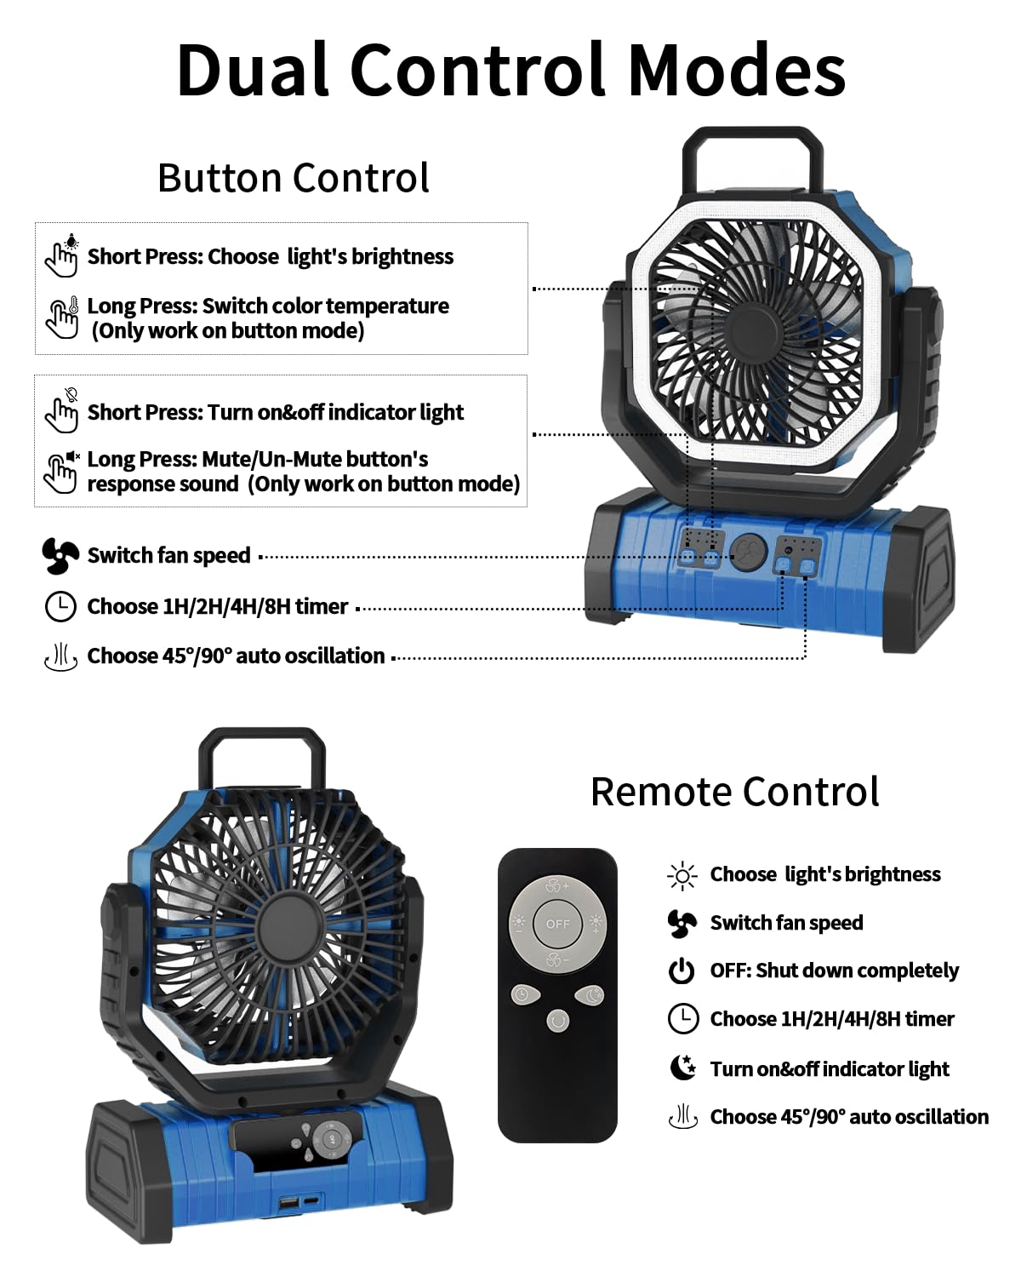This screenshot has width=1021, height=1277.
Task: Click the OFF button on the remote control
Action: [x=557, y=924]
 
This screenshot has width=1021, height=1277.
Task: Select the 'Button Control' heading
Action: [x=294, y=178]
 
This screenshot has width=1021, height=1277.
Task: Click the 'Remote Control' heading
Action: [x=734, y=792]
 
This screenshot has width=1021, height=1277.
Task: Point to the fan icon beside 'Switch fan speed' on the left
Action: [x=60, y=556]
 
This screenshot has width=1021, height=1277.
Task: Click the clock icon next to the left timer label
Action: [x=60, y=607]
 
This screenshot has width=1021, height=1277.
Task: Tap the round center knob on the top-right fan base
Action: [x=749, y=552]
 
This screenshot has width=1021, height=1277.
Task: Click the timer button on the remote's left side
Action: [x=522, y=994]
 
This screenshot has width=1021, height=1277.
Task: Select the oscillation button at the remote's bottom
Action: [x=557, y=1020]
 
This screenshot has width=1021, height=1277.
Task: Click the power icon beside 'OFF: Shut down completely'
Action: [x=682, y=971]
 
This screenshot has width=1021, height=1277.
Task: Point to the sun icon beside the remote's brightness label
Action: [x=682, y=875]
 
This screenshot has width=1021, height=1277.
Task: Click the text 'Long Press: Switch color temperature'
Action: [x=268, y=306]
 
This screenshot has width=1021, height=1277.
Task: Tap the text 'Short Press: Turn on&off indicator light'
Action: [x=275, y=413]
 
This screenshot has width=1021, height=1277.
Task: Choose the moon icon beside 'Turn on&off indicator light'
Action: [x=682, y=1068]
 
